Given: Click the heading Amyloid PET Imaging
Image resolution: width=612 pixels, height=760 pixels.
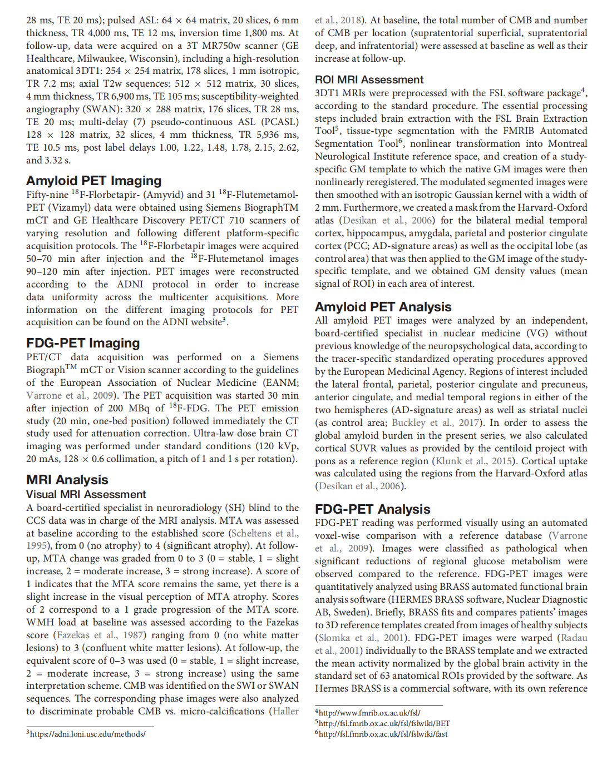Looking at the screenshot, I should click(93, 181).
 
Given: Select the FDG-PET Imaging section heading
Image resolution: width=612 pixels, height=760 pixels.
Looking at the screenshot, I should click(83, 343).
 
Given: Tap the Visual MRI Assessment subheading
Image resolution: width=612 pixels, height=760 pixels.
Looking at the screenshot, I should click(86, 494).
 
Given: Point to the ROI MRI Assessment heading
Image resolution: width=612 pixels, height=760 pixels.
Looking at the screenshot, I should click(369, 80).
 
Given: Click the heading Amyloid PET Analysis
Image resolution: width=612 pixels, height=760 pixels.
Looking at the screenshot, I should click(383, 307).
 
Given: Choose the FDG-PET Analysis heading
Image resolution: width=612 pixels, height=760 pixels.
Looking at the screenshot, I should click(372, 509).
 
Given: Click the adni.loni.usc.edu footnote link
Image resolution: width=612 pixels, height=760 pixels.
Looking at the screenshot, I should click(87, 734).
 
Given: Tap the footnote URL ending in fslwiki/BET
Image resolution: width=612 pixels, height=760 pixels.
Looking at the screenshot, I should click(384, 723).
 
